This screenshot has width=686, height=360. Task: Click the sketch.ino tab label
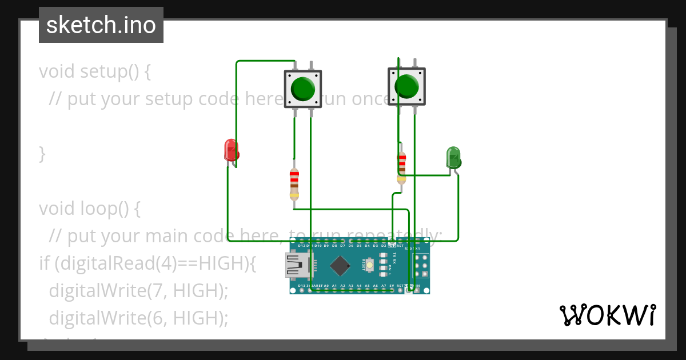click(101, 25)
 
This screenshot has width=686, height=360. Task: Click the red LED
click(231, 150)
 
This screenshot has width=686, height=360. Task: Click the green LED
click(453, 158)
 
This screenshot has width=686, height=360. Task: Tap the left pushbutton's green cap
click(302, 89)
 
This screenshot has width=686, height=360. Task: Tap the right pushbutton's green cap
click(406, 86)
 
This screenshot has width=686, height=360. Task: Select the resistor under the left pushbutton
click(294, 184)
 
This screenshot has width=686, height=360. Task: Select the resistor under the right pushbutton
click(401, 167)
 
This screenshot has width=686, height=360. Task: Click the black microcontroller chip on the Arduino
click(341, 265)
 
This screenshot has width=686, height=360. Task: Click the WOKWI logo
click(607, 315)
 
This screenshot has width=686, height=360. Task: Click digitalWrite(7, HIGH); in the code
click(138, 290)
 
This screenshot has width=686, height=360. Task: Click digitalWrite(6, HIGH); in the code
click(138, 317)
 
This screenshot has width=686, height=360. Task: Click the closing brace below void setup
click(42, 154)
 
